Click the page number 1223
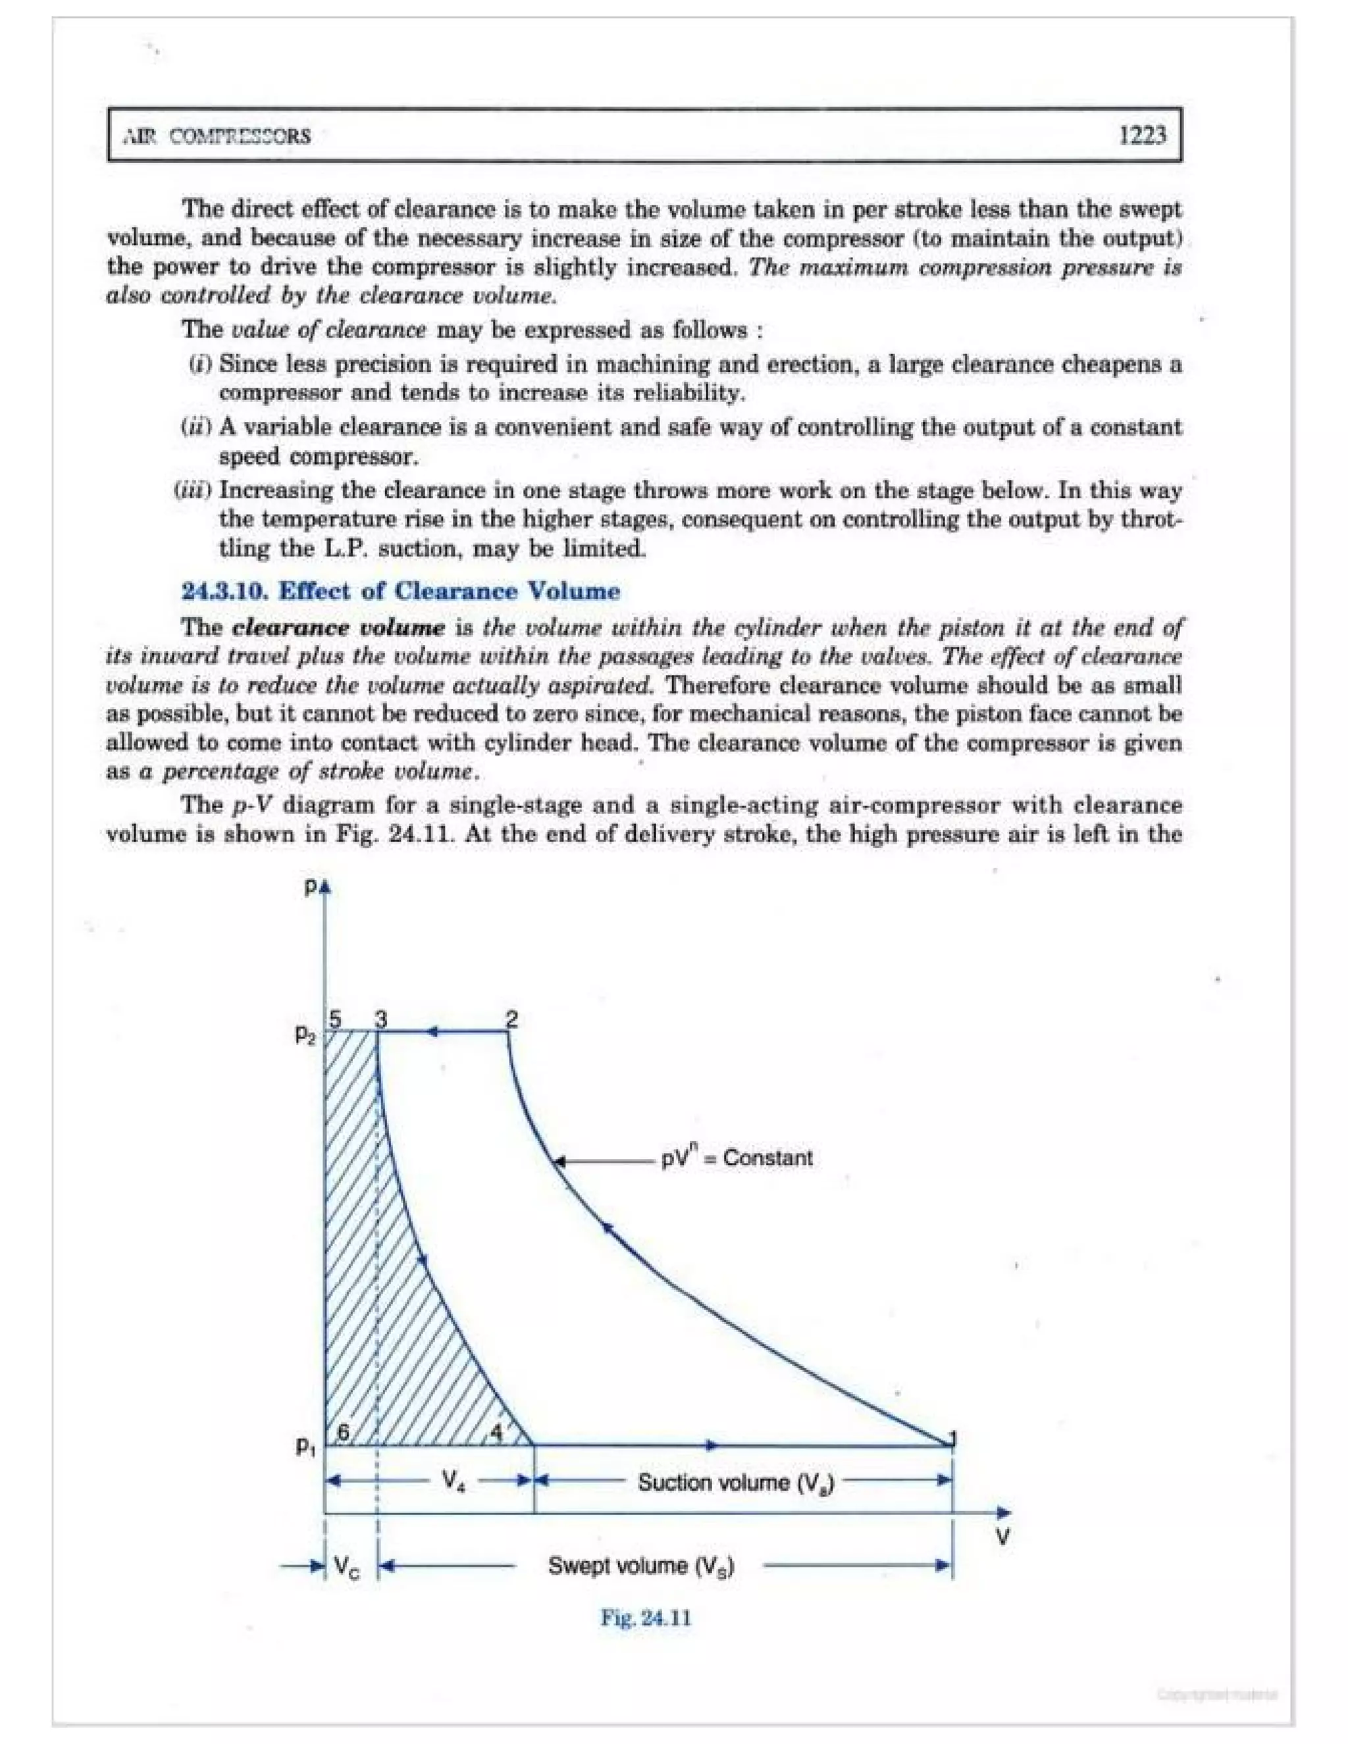(1141, 135)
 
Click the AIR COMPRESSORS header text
(217, 136)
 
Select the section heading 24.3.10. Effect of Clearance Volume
(401, 592)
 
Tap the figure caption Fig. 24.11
(645, 1619)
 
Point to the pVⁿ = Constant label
(737, 1158)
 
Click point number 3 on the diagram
(382, 1019)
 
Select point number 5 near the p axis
(336, 1019)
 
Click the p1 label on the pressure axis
(305, 1446)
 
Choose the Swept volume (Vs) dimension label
(640, 1566)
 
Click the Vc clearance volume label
(346, 1568)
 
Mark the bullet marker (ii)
(196, 426)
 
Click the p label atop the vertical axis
(311, 887)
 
